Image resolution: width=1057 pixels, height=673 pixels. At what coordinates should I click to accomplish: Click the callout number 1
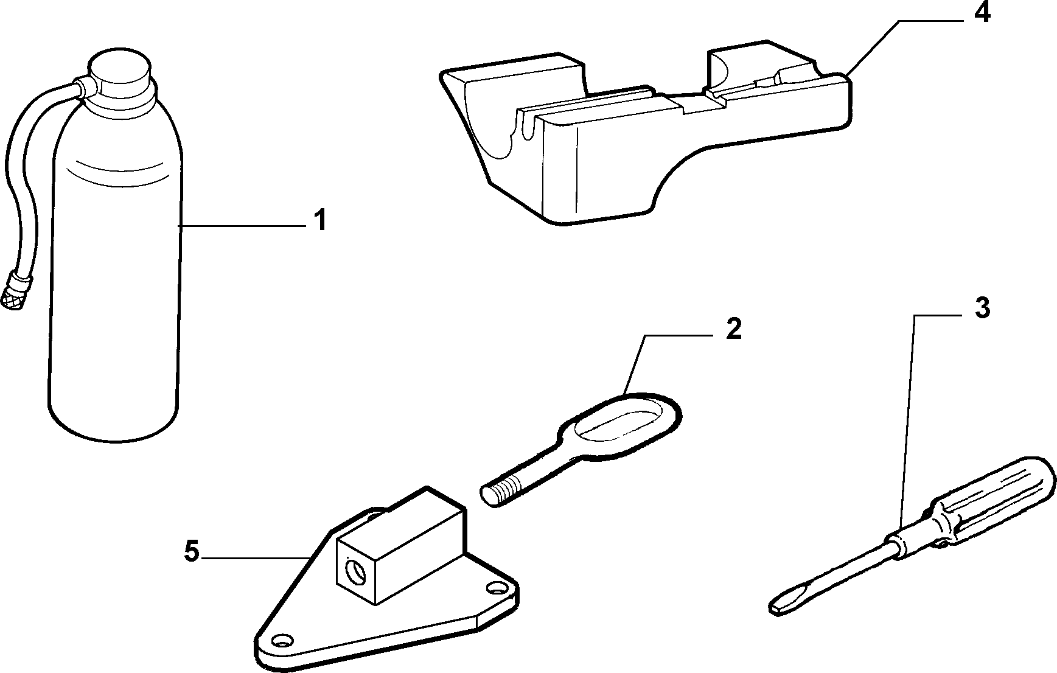[x=321, y=220]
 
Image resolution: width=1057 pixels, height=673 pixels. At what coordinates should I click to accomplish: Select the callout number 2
[x=734, y=329]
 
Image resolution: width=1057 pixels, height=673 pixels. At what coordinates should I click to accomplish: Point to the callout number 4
[x=982, y=12]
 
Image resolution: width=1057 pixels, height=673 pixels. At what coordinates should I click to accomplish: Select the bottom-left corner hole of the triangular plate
[x=281, y=640]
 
